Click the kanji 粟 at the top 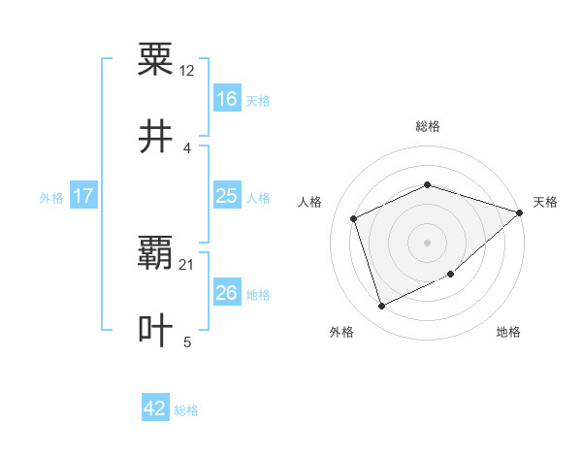coord(155,59)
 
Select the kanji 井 coord(155,137)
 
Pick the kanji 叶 coord(155,330)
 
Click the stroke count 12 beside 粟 coord(187,71)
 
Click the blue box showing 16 coord(227,99)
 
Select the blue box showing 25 coord(227,196)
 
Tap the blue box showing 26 coord(227,293)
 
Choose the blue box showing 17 coord(83,196)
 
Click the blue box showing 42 coord(155,408)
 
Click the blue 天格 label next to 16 coord(258,100)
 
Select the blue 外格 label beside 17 coord(51,197)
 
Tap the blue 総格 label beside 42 coord(186,410)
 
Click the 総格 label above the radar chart coord(427,126)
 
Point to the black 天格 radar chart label coord(545,202)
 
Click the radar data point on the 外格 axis coord(381,307)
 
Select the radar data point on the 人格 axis coord(354,218)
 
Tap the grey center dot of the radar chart coord(427,243)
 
